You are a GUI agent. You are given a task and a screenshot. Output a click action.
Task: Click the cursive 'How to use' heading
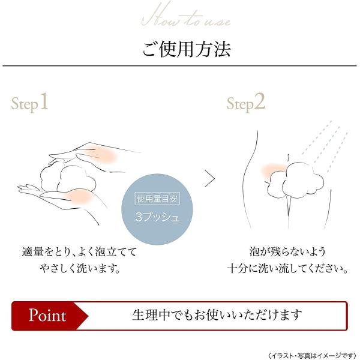[186, 18]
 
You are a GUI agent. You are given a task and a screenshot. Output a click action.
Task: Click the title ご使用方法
[186, 48]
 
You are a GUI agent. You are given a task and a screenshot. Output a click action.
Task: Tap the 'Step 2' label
[245, 103]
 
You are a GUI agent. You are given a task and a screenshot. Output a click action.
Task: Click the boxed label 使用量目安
[158, 199]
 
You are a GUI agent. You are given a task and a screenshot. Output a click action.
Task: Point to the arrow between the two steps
[209, 178]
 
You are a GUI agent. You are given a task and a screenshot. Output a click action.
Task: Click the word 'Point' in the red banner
[47, 315]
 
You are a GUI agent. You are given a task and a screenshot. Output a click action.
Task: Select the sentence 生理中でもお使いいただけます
[217, 315]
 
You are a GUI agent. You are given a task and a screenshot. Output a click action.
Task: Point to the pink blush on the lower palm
[78, 196]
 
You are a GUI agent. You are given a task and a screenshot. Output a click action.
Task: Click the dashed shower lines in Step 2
[324, 144]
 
